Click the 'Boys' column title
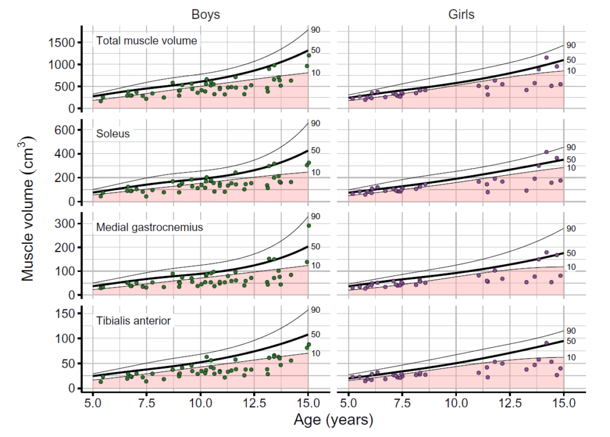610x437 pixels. (206, 14)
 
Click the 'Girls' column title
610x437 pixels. (461, 14)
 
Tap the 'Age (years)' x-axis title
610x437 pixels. (333, 420)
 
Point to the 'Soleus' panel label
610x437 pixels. (113, 134)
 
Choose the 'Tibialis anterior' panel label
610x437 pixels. (133, 321)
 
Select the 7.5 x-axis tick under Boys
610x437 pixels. (147, 403)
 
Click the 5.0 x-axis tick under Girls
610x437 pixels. (348, 403)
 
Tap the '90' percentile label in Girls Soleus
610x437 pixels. (571, 147)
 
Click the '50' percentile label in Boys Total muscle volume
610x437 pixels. (316, 51)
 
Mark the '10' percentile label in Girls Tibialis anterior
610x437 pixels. (571, 358)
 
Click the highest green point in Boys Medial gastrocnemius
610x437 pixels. (309, 225)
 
